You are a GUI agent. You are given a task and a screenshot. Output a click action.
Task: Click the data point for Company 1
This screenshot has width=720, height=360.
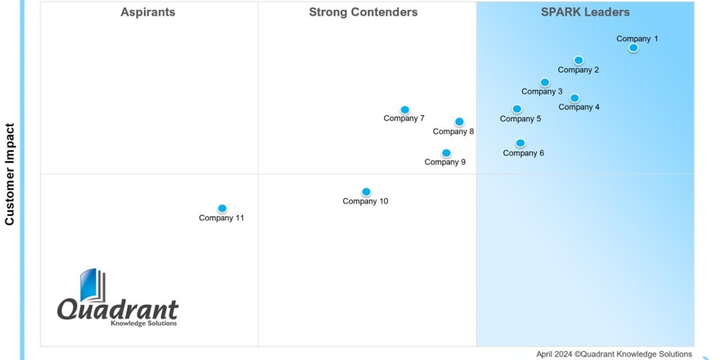point(633,48)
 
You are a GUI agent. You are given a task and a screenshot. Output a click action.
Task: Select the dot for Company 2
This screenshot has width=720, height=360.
point(578,60)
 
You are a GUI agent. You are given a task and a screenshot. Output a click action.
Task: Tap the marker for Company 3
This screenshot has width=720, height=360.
point(545,82)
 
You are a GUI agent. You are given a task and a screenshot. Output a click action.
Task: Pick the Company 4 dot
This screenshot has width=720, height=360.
point(574,98)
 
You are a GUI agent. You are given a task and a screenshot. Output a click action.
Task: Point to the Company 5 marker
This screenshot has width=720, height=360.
point(517,109)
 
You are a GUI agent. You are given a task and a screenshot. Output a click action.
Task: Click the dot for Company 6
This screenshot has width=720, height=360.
point(520,143)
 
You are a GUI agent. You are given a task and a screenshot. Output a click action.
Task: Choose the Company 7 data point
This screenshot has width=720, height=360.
point(405,110)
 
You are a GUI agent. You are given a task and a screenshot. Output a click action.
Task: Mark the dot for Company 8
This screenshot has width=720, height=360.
point(459,122)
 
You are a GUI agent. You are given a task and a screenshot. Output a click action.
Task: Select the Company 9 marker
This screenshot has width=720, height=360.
point(446,153)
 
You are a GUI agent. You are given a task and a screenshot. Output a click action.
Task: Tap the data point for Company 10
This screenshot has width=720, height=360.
point(366,192)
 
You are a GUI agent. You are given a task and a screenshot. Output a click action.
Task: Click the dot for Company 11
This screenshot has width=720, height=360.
point(222,208)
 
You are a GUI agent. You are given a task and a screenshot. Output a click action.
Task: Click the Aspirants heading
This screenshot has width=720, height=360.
point(148,12)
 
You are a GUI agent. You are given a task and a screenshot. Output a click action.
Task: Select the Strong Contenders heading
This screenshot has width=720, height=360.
point(363,12)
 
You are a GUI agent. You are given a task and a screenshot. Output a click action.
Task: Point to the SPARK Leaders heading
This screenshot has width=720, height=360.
point(585,12)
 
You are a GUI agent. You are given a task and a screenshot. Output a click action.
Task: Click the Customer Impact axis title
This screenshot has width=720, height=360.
point(10,174)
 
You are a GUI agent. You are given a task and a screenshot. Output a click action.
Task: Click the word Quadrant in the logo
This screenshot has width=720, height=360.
point(118,310)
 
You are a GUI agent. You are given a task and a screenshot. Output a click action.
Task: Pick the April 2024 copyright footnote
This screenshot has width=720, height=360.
point(614,354)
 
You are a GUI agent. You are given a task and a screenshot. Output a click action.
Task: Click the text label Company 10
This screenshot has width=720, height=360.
point(365,202)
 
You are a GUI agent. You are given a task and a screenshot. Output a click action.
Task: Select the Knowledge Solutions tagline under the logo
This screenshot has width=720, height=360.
point(143,323)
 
